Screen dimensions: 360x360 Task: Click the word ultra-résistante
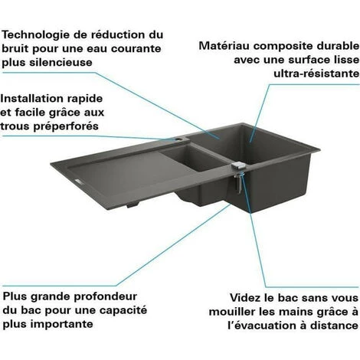(316, 74)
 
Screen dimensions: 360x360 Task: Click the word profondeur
(106, 296)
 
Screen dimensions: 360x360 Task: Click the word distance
(335, 326)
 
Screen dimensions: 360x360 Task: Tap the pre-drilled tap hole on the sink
(178, 139)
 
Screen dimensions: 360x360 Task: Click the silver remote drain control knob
(238, 165)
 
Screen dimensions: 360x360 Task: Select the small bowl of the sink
(193, 158)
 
